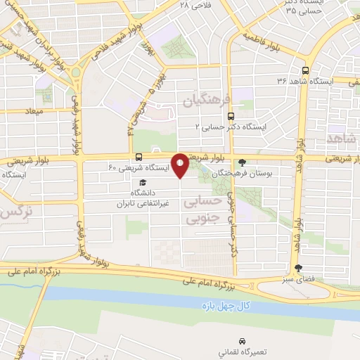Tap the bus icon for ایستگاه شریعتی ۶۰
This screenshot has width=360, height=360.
pos(139,157)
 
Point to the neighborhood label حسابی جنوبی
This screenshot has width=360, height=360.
pos(202,210)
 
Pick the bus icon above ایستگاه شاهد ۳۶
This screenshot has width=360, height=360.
pos(304,70)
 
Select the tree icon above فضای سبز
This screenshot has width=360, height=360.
pos(298,268)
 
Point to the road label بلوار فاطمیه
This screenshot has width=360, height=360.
pos(266,36)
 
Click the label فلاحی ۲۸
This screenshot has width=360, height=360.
pos(195,5)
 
